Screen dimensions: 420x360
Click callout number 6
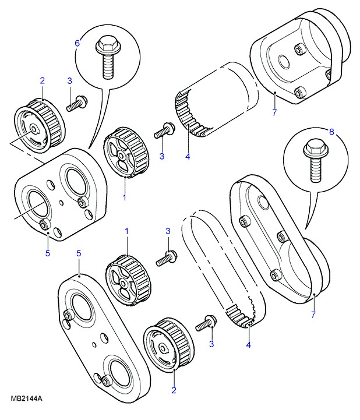point(76,43)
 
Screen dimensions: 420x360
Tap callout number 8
point(331,132)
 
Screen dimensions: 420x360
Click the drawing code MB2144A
point(27,399)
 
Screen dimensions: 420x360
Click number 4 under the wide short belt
point(188,156)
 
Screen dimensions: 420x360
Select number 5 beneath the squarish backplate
point(48,253)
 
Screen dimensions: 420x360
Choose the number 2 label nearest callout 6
point(42,80)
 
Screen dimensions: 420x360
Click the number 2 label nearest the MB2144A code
point(174,390)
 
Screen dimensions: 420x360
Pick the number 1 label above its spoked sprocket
point(126,232)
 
